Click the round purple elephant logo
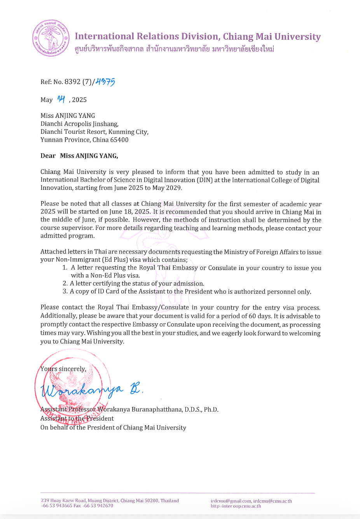click(x=51, y=38)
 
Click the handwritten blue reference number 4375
click(x=105, y=82)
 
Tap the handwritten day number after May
click(x=61, y=99)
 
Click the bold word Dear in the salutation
click(x=48, y=156)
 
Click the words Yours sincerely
click(x=63, y=369)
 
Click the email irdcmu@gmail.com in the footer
click(x=231, y=501)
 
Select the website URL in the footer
click(x=236, y=506)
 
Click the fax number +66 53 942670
click(x=98, y=506)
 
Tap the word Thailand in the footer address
click(x=170, y=501)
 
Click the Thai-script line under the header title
click(x=175, y=49)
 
